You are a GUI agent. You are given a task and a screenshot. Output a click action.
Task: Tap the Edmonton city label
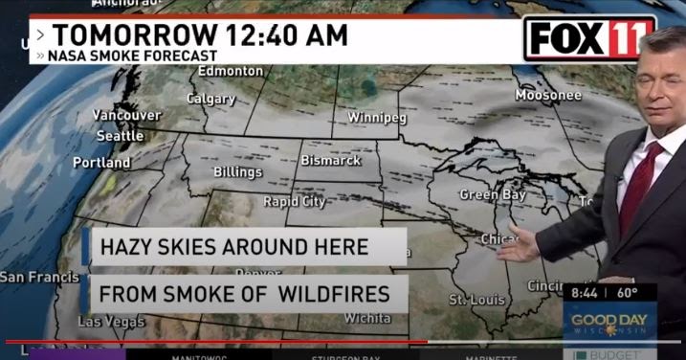(x=231, y=71)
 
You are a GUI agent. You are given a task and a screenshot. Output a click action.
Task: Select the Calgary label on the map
(x=210, y=99)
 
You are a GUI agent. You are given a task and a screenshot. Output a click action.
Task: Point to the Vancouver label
(x=126, y=116)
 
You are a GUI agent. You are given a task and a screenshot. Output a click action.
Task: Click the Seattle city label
(x=121, y=136)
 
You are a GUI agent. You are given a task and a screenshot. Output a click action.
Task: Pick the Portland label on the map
(x=101, y=163)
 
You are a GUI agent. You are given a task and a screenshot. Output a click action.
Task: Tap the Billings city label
(x=237, y=172)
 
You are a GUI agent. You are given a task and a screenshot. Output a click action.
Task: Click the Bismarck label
(x=331, y=160)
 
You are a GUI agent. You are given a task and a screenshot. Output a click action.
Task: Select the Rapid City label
(x=295, y=202)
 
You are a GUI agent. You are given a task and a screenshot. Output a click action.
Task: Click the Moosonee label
(x=548, y=95)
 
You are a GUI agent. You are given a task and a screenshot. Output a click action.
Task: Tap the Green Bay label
(x=493, y=194)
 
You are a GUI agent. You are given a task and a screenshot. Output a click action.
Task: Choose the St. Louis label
(x=476, y=301)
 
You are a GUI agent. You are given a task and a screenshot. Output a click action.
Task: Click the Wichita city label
(x=367, y=317)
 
